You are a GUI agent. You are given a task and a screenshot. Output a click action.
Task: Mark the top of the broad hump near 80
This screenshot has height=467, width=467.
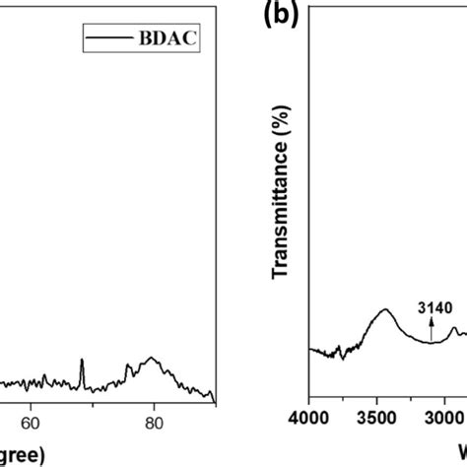(x=151, y=358)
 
